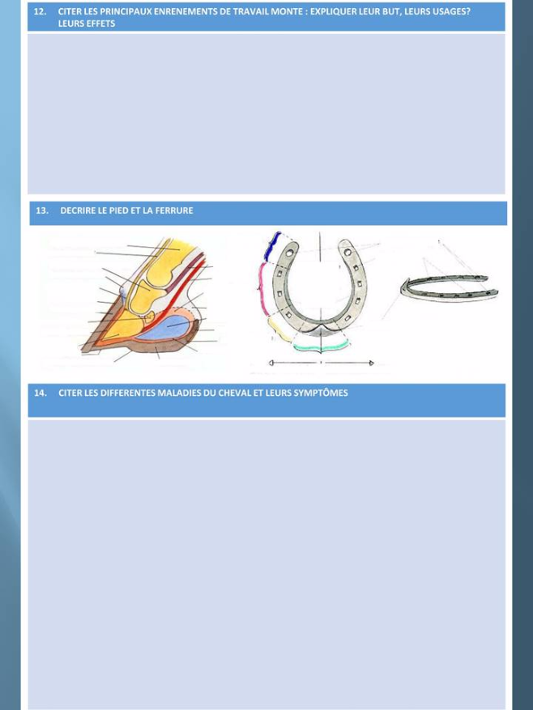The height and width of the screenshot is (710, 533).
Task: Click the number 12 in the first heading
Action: point(40,11)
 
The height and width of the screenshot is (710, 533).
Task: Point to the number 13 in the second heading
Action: point(41,210)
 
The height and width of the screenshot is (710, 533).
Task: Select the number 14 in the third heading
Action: point(41,393)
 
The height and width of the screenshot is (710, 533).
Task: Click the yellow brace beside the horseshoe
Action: point(279,329)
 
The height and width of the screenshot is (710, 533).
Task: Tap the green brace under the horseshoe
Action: point(322,347)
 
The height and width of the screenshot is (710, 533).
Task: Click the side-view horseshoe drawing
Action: point(449,288)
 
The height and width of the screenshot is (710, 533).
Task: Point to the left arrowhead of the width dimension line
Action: point(271,363)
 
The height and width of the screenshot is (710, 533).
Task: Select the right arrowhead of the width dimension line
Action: point(371,363)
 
